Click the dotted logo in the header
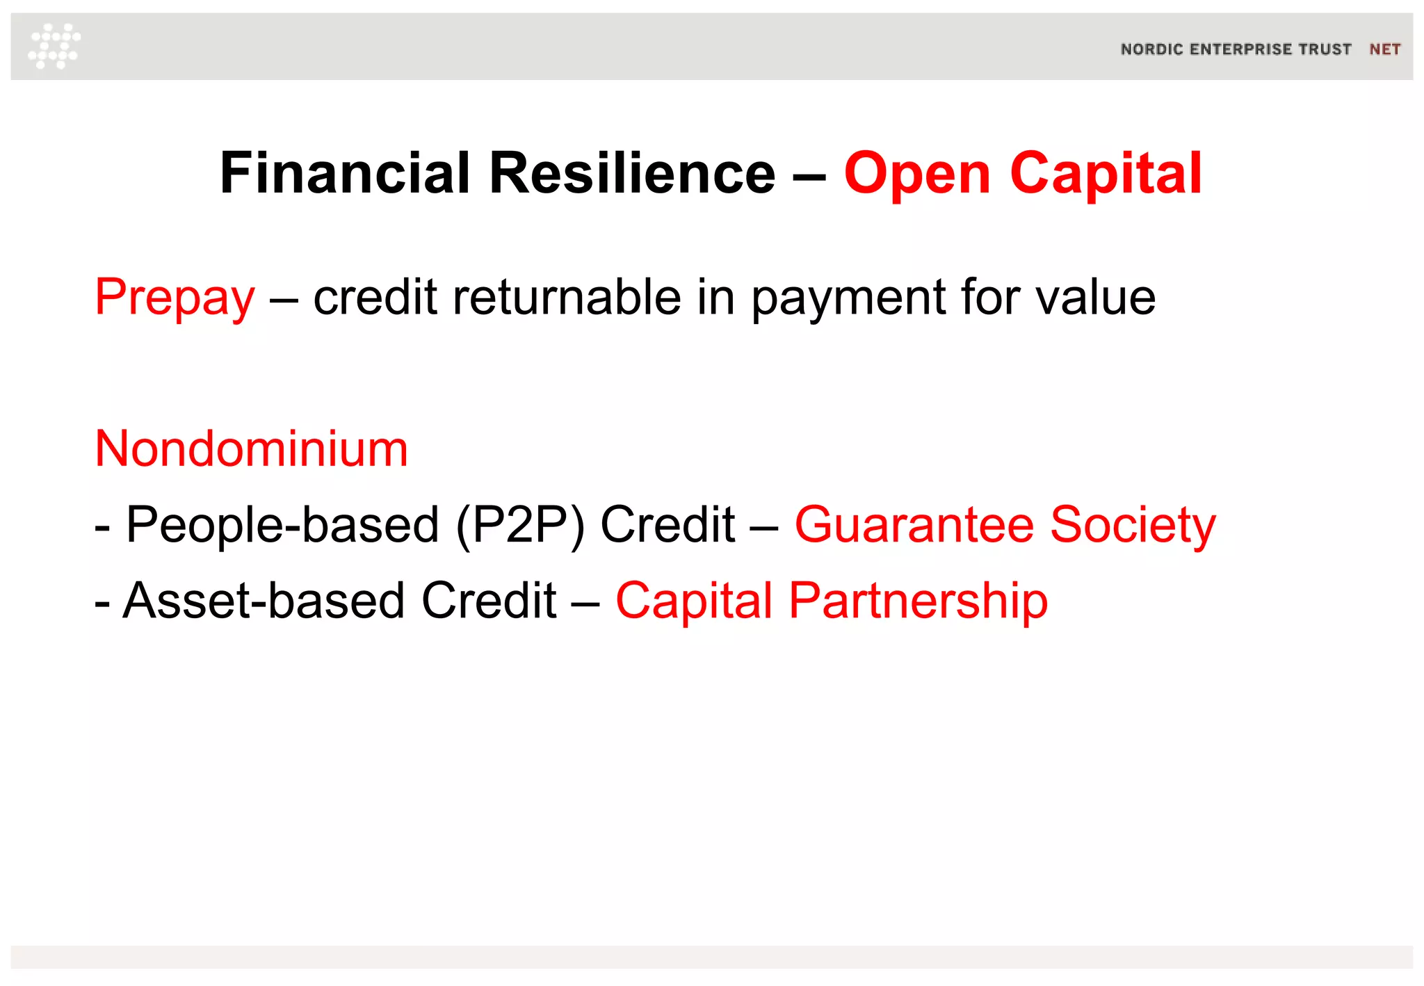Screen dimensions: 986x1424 point(54,46)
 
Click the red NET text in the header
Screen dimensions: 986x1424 point(1384,49)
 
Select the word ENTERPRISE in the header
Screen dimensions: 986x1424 point(1231,49)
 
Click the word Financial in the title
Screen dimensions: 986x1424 point(345,173)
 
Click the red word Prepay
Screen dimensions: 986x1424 point(175,298)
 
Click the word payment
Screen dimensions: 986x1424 point(848,298)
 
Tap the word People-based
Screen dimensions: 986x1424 point(282,524)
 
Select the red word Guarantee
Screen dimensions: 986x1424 point(914,524)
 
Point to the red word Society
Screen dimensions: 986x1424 point(1133,526)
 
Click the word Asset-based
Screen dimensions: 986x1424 point(264,600)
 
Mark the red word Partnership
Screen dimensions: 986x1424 point(918,601)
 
